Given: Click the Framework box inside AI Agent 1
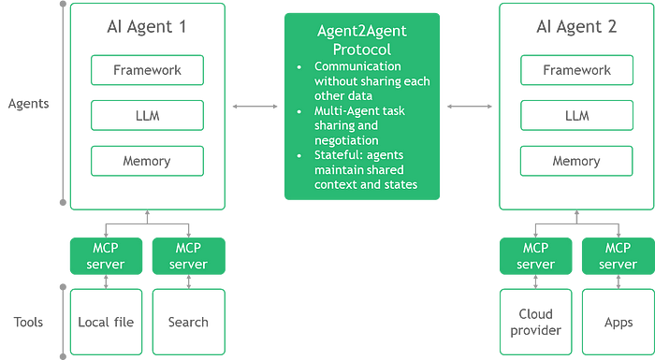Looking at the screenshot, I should pos(146,70).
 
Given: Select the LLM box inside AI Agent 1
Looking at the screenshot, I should pos(146,115).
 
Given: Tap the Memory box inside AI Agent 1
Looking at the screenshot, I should pos(146,161).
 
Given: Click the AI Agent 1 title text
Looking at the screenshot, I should pos(146,27).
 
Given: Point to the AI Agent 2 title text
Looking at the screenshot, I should pos(575,27).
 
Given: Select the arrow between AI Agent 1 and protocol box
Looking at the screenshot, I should pos(255,108).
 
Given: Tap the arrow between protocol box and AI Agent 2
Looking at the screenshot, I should pos(469,108).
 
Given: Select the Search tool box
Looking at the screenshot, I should pos(188,322).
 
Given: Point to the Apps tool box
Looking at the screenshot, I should pos(618,322).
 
